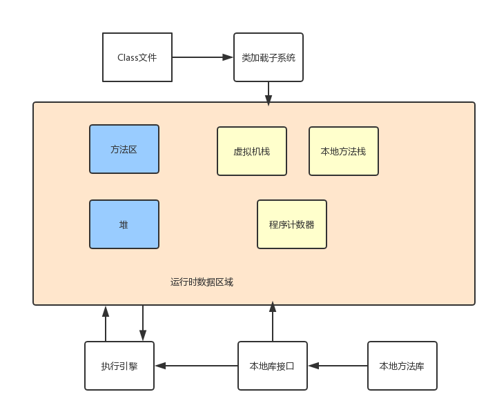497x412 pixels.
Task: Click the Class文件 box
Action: pyautogui.click(x=137, y=57)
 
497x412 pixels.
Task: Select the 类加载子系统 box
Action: pyautogui.click(x=268, y=57)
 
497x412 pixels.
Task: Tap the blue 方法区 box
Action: pyautogui.click(x=124, y=149)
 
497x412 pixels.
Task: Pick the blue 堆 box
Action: pyautogui.click(x=124, y=224)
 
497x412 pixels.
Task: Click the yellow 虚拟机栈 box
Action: pyautogui.click(x=252, y=151)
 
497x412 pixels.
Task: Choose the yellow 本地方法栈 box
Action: pyautogui.click(x=343, y=151)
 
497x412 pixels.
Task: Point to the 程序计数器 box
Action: pyautogui.click(x=291, y=224)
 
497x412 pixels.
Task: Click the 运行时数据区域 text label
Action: pyautogui.click(x=202, y=282)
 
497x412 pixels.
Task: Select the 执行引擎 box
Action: pyautogui.click(x=119, y=366)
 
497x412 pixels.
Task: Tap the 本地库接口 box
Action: pyautogui.click(x=272, y=366)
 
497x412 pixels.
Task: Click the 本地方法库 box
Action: pyautogui.click(x=402, y=366)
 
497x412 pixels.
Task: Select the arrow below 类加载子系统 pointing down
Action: pyautogui.click(x=269, y=92)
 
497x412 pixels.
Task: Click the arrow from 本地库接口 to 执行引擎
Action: pyautogui.click(x=196, y=366)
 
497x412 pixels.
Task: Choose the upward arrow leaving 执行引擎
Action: pyautogui.click(x=106, y=323)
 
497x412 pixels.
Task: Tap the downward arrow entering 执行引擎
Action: pyautogui.click(x=143, y=323)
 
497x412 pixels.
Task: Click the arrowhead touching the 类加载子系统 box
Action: pyautogui.click(x=228, y=57)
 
